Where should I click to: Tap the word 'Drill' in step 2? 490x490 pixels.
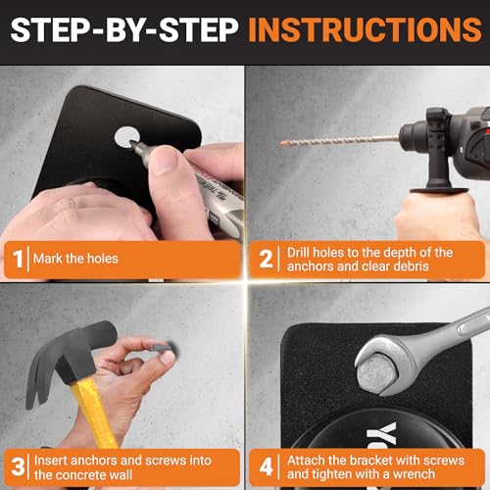pos(303,253)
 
